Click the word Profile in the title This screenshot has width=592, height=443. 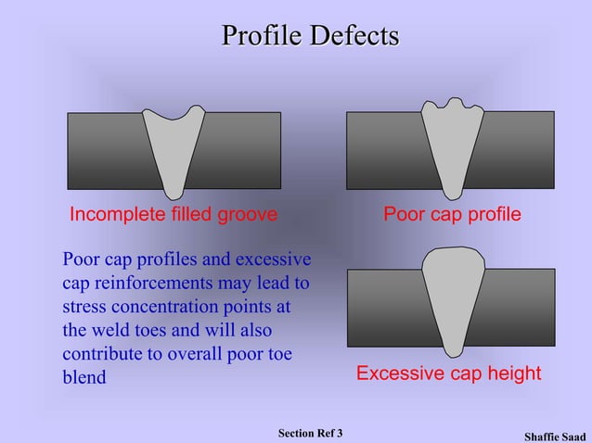coord(262,36)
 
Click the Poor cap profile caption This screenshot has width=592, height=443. coord(453,215)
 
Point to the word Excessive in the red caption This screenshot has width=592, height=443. coord(401,373)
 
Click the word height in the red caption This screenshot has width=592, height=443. coord(511,373)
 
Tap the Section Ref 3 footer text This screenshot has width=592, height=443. coord(310,433)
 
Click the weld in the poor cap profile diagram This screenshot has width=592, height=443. coord(454,148)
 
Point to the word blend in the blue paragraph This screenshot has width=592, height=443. coord(84,377)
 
